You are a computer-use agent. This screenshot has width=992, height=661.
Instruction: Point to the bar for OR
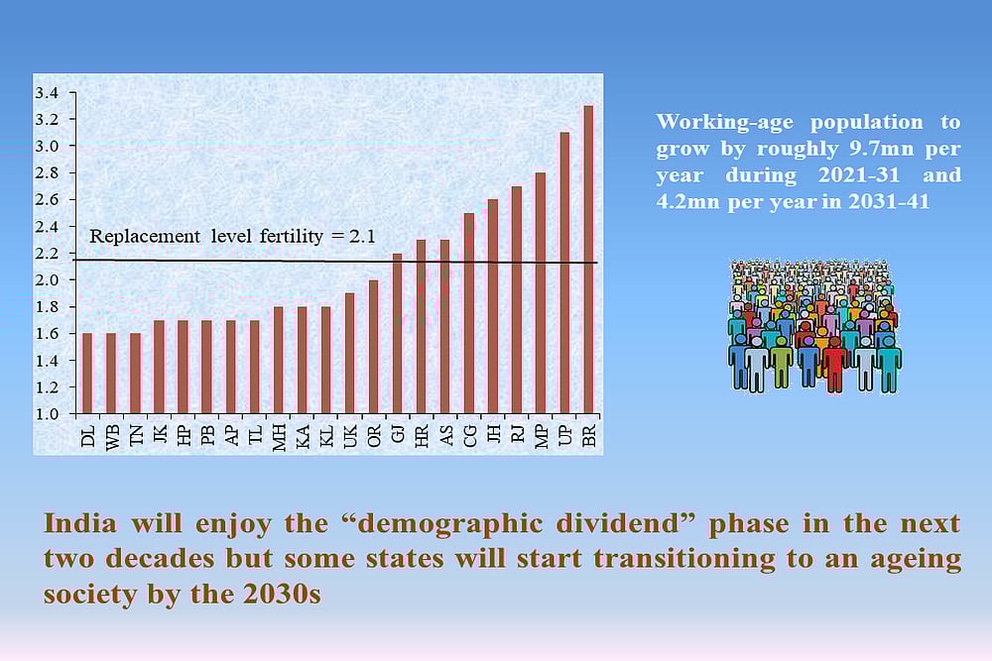click(x=373, y=346)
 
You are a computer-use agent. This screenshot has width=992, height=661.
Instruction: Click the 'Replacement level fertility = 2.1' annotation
click(x=232, y=237)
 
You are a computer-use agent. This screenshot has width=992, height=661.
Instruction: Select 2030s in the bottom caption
click(x=281, y=596)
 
